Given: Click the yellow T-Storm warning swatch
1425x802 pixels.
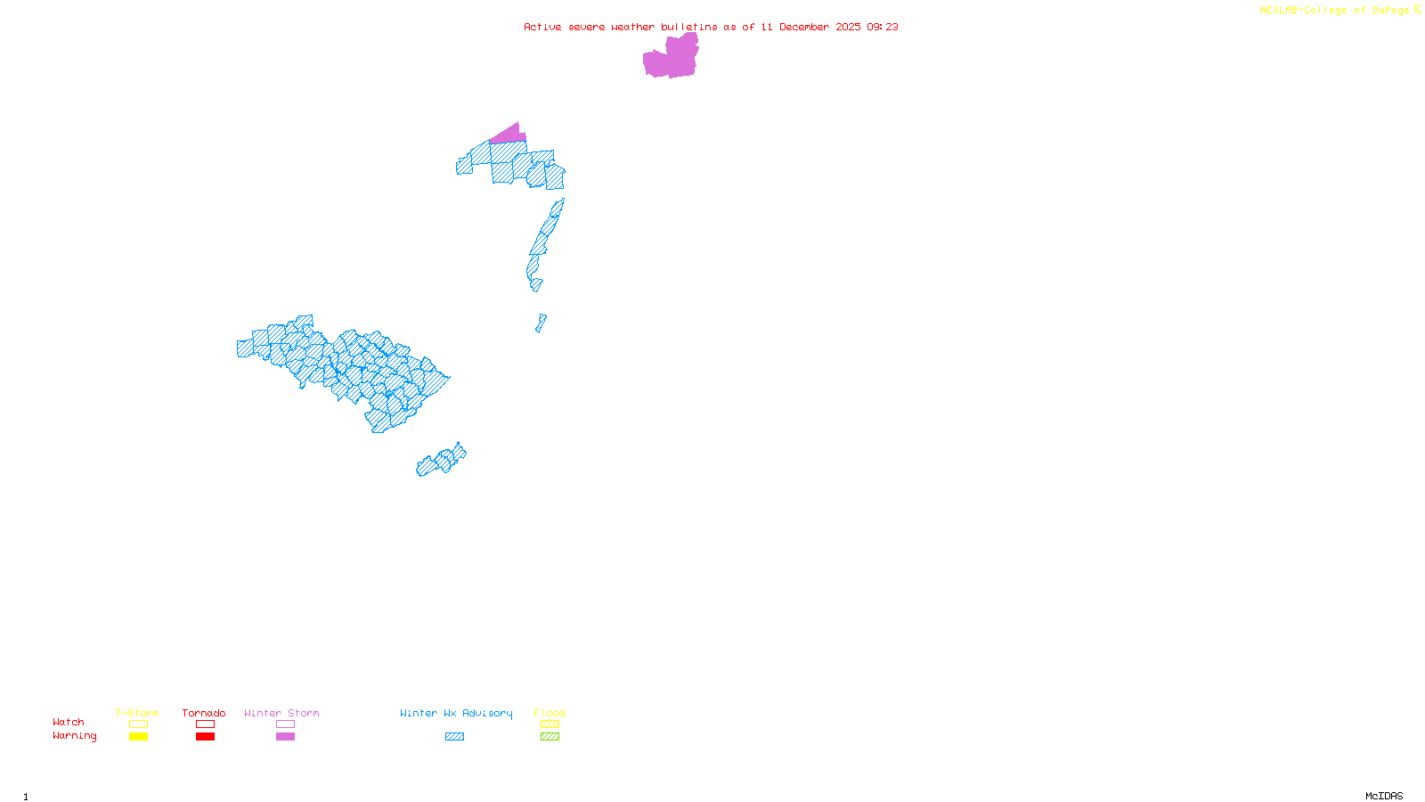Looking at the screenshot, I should (x=138, y=737).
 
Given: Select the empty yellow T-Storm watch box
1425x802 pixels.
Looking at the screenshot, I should (x=138, y=724).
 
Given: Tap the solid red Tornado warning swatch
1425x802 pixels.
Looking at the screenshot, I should (x=205, y=737).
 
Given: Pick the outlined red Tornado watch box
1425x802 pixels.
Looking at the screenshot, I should (x=205, y=724).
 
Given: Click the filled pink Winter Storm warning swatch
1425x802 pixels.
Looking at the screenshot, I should (x=285, y=737).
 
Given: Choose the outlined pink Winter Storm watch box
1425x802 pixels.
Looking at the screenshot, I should (x=285, y=724).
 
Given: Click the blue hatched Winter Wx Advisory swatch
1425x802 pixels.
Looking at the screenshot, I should (x=454, y=737).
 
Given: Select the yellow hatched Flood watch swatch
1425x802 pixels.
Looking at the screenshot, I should (x=550, y=724).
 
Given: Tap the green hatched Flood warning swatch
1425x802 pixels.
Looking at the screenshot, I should (x=550, y=737).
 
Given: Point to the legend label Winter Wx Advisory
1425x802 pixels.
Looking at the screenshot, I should (x=456, y=713).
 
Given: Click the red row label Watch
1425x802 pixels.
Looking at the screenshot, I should (x=69, y=723).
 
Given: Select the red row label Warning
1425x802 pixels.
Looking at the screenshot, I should (x=74, y=736).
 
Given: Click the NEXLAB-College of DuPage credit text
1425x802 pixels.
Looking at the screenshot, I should (x=1336, y=11).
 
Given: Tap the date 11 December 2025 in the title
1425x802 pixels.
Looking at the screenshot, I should (x=810, y=27).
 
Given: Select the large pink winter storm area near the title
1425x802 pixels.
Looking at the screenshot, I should (x=670, y=59).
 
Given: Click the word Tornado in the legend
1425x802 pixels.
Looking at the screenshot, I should (x=204, y=713).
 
